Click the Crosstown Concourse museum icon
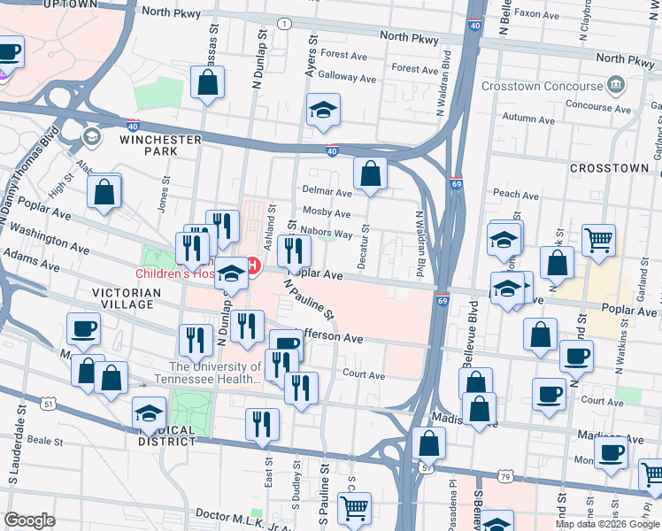click(615, 86)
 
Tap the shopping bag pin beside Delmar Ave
click(370, 173)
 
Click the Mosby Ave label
click(327, 213)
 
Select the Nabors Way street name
click(327, 234)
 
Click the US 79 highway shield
click(505, 476)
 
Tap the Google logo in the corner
click(29, 520)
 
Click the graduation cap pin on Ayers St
click(323, 112)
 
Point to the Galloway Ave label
click(347, 77)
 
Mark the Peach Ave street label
click(516, 194)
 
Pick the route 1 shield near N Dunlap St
click(282, 23)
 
